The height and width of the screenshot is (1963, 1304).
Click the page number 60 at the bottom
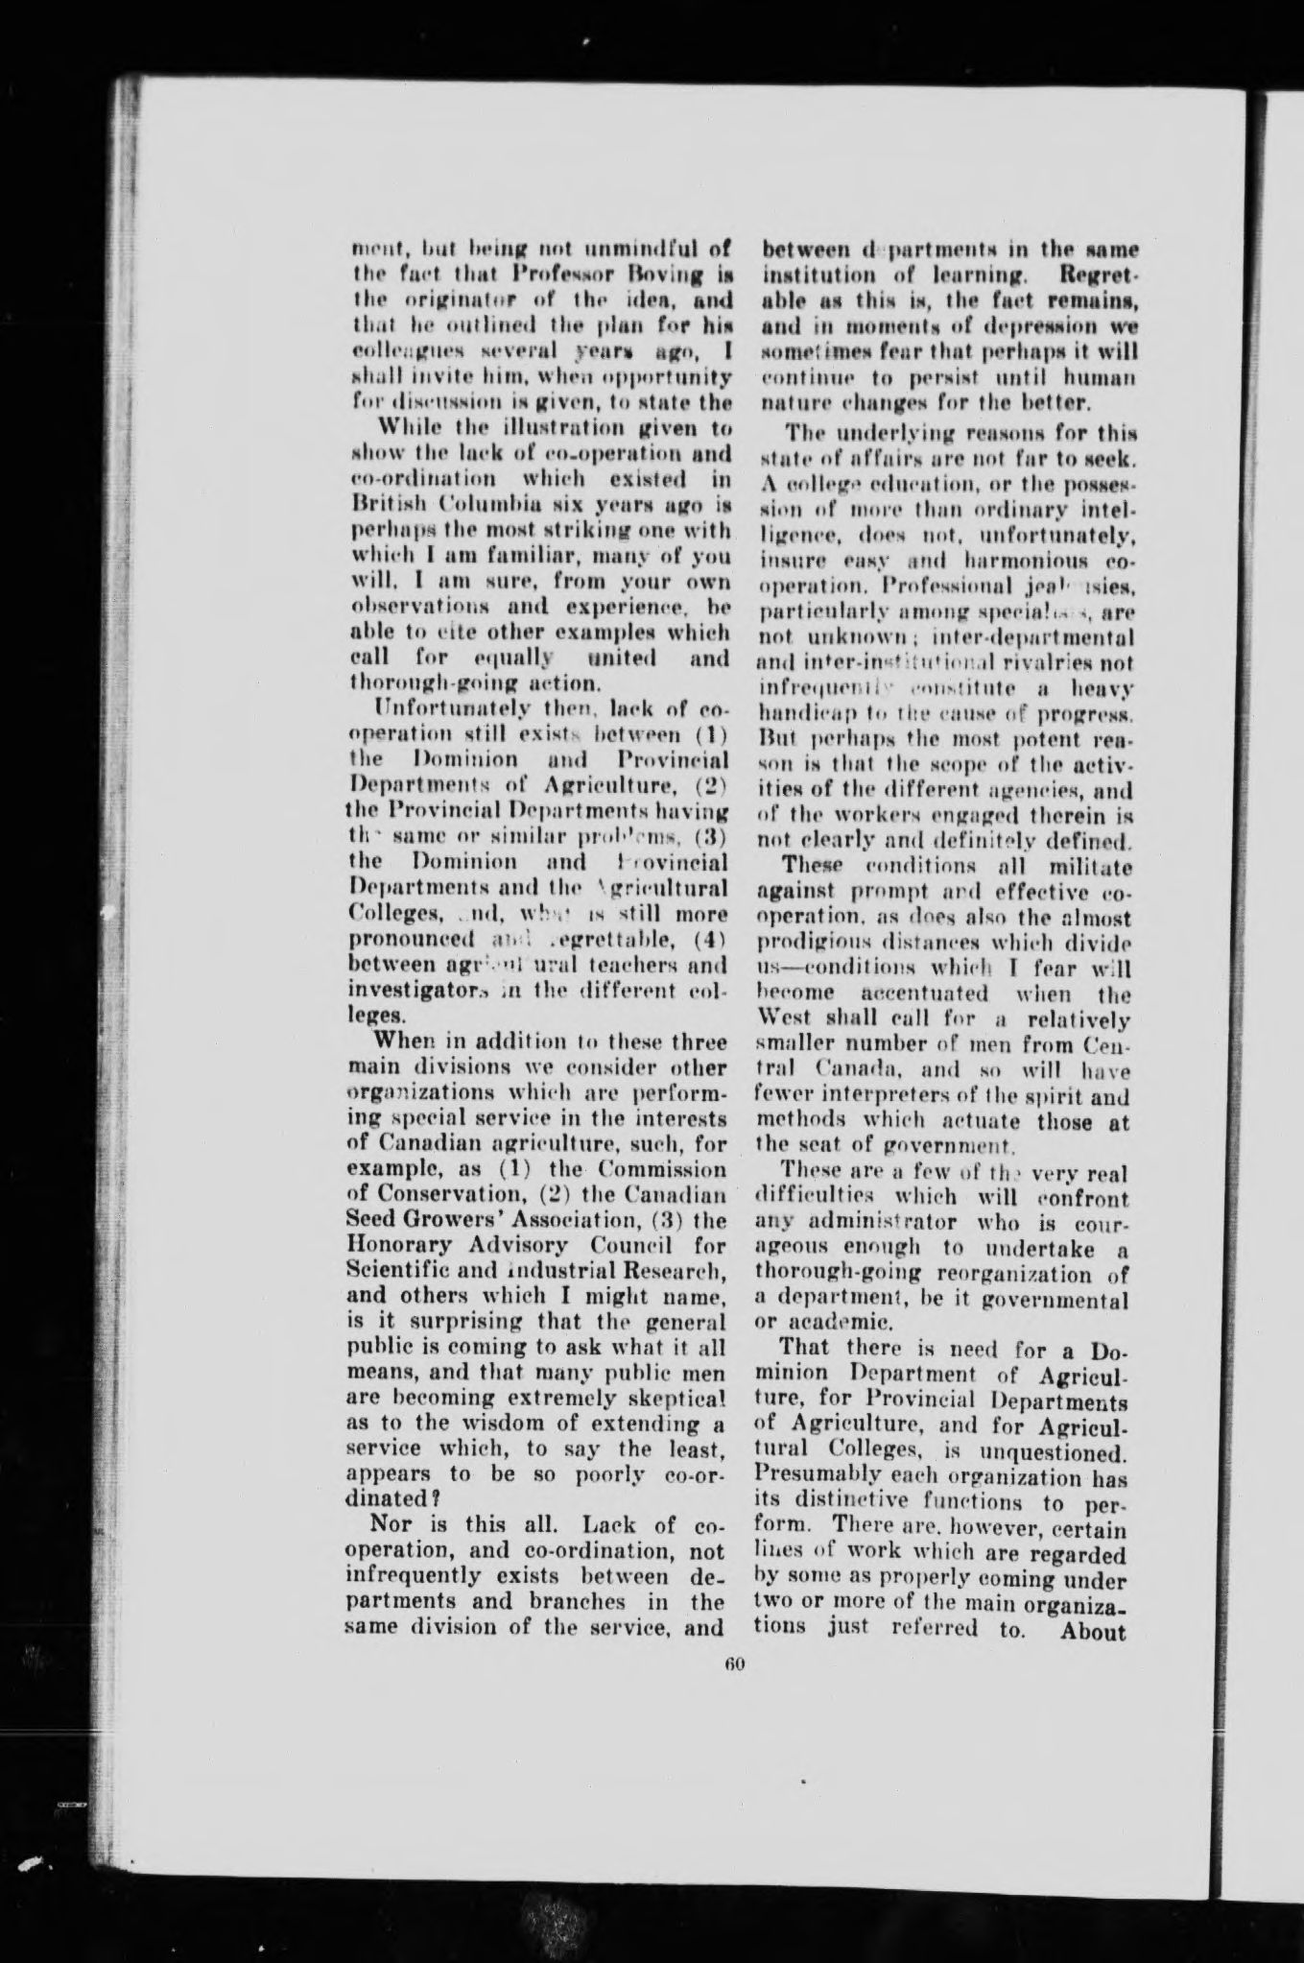[x=735, y=1664]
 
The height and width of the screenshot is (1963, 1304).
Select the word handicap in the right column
[x=797, y=715]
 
